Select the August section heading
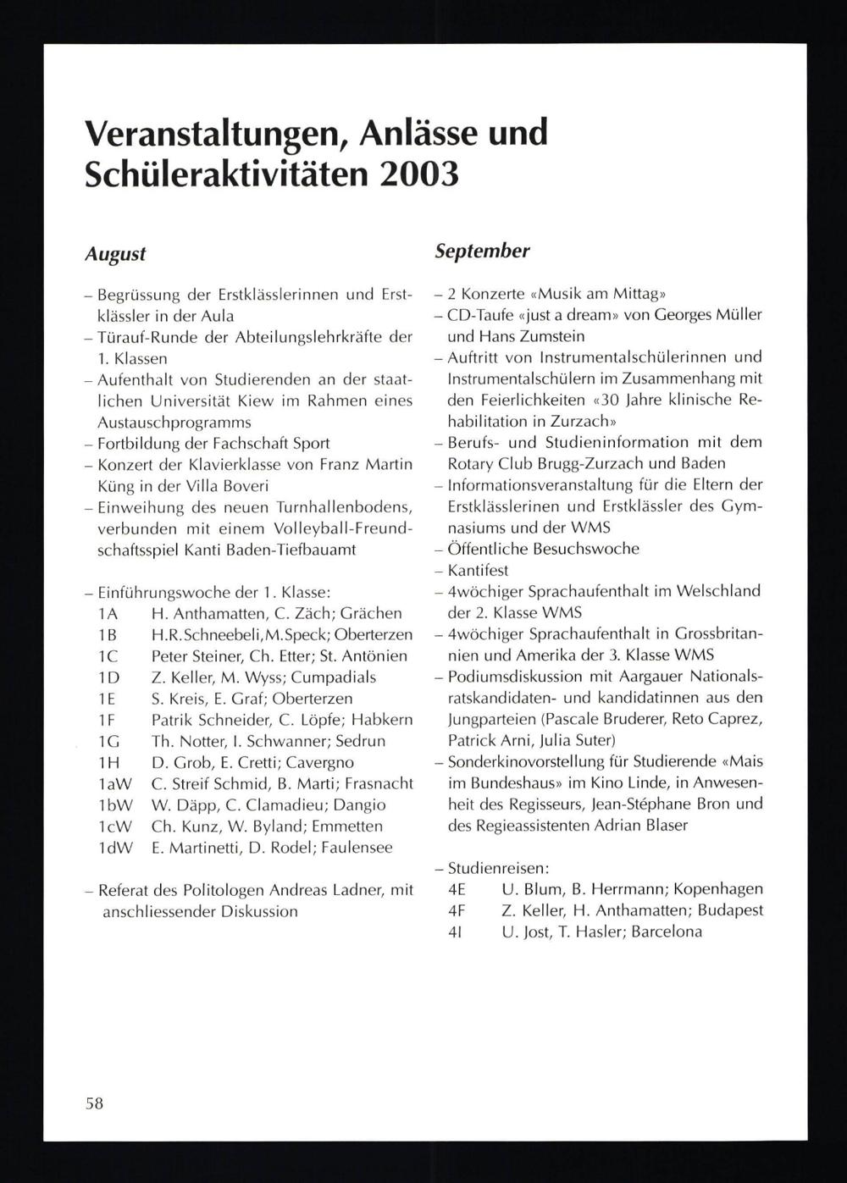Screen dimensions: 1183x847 click(115, 253)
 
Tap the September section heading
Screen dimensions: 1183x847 click(482, 251)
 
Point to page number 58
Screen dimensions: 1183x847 click(94, 1103)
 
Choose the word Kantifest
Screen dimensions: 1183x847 click(478, 570)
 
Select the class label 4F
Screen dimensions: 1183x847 click(457, 910)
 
